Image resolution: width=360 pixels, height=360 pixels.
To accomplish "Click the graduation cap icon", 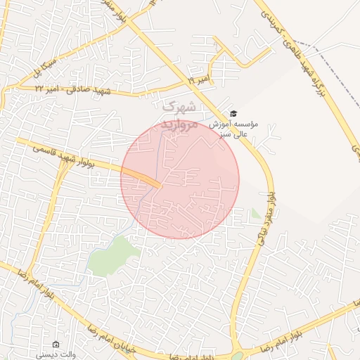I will point(233,114).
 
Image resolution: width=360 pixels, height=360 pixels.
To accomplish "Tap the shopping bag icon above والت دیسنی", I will point(56,345).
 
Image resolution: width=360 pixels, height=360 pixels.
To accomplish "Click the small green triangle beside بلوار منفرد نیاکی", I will point(256,212).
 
